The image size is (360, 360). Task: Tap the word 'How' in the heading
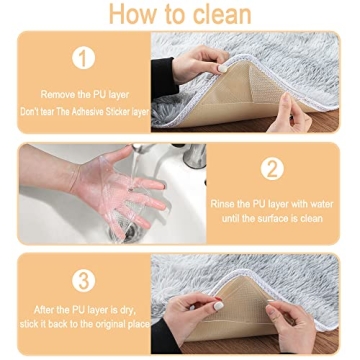click(x=132, y=16)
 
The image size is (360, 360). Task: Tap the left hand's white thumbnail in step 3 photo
click(x=217, y=305)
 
